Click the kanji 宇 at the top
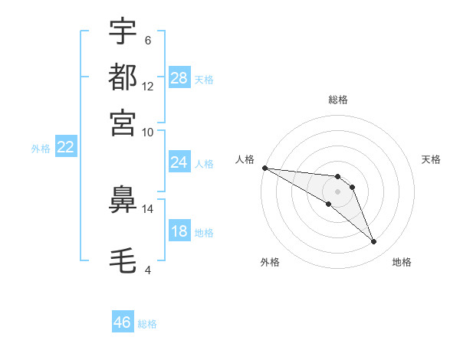pos(123,33)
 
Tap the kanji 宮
pos(123,122)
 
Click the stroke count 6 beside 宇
pos(147,41)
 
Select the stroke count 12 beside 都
pos(148,86)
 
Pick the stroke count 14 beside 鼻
pos(148,208)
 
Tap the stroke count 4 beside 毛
pos(147,270)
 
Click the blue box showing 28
pos(179,78)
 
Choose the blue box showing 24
pos(179,162)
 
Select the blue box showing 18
pos(179,231)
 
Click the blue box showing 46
pos(122,322)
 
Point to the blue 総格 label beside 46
pos(147,324)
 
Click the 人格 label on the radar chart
pos(245,159)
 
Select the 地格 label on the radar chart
pos(402,262)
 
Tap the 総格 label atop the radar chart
pos(337,100)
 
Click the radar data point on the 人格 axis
pos(264,168)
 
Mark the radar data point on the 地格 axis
pos(373,242)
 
